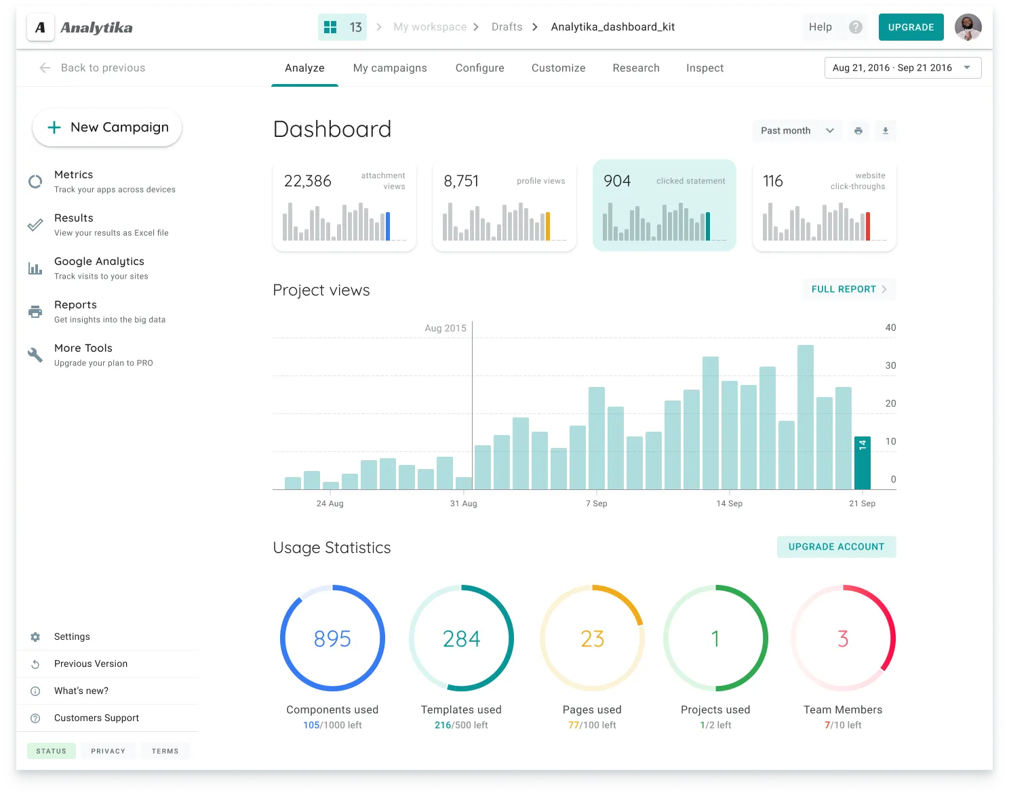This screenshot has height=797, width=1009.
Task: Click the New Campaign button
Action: [107, 127]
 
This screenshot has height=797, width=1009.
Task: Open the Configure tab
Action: [479, 68]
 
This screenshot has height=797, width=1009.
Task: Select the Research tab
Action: [635, 68]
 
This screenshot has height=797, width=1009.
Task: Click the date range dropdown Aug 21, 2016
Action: [902, 68]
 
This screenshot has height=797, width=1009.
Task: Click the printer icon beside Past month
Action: [858, 131]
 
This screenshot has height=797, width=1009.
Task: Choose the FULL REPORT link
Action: [849, 289]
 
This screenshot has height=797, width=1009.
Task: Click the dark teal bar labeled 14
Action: [862, 463]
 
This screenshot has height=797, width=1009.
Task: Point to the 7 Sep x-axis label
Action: [596, 504]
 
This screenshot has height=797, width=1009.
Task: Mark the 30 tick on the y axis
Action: [890, 365]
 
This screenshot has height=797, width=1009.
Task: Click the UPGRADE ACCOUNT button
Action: [836, 547]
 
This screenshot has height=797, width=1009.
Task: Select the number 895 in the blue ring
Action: [332, 638]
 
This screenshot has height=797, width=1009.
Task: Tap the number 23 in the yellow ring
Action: [592, 638]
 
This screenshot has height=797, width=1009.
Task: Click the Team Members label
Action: [843, 710]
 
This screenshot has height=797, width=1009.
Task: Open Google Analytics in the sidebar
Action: [99, 262]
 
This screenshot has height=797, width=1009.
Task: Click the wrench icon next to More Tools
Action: [35, 354]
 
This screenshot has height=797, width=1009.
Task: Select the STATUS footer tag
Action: [52, 751]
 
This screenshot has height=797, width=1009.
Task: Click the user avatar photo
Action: [968, 27]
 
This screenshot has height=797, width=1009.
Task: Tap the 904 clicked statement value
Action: [617, 181]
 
